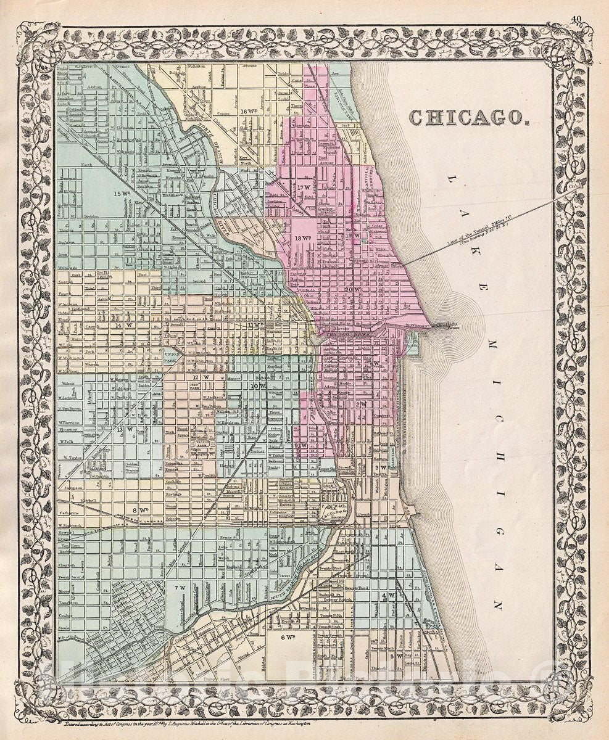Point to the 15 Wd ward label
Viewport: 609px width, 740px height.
click(x=122, y=193)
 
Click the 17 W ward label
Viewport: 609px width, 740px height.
click(x=303, y=187)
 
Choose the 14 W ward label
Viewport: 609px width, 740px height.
click(x=124, y=324)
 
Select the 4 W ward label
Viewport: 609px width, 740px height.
click(x=388, y=595)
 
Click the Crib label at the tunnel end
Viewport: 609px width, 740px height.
click(x=576, y=183)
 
